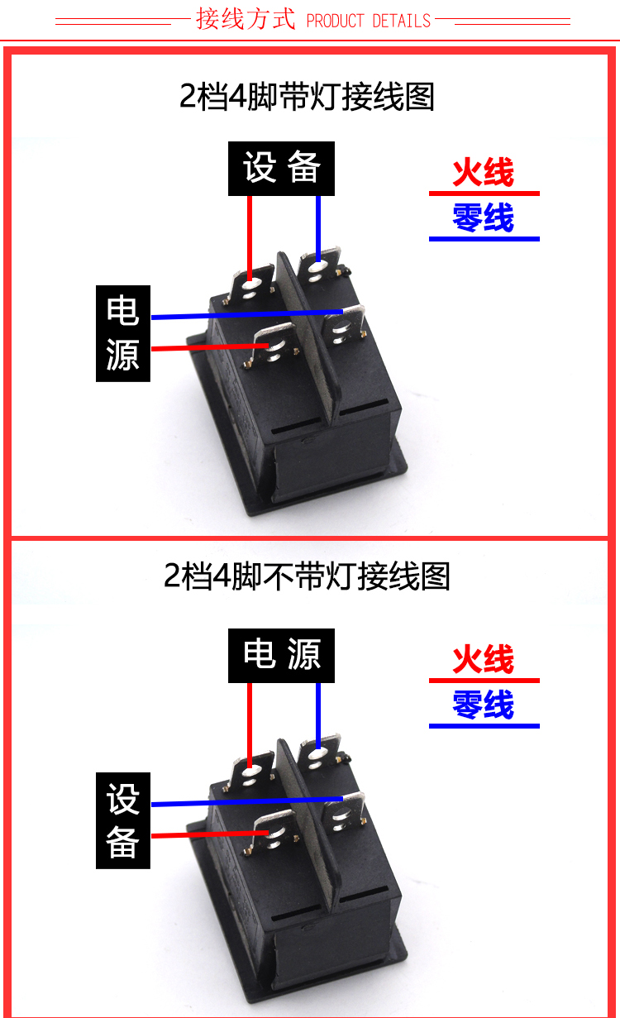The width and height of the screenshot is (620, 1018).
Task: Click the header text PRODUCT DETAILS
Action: [369, 21]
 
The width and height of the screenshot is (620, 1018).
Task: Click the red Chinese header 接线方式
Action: [246, 19]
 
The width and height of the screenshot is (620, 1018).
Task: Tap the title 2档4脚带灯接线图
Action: [307, 97]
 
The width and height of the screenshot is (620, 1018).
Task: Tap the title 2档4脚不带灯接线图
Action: [307, 576]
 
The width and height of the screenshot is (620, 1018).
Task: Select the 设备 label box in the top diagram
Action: [281, 169]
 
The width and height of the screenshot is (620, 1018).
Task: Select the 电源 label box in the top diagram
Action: [123, 333]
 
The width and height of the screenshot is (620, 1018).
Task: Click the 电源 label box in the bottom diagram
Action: [281, 655]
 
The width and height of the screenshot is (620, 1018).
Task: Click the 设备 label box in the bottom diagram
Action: [123, 820]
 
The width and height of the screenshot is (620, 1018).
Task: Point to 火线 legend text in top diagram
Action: [483, 173]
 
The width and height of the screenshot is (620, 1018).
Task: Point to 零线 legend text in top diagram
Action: [483, 219]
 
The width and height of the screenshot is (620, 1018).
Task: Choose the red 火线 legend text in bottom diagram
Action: [483, 660]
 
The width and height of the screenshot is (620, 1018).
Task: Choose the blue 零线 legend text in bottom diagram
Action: [483, 705]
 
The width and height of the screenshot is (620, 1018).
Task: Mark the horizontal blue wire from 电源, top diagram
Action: [248, 314]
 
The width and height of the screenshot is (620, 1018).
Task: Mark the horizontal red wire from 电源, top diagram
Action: [207, 348]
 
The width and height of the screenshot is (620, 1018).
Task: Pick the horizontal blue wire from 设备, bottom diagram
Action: [248, 801]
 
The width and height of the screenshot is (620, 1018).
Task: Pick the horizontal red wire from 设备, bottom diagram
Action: [207, 835]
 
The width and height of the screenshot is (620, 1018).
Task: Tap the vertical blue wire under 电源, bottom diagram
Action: [318, 713]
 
